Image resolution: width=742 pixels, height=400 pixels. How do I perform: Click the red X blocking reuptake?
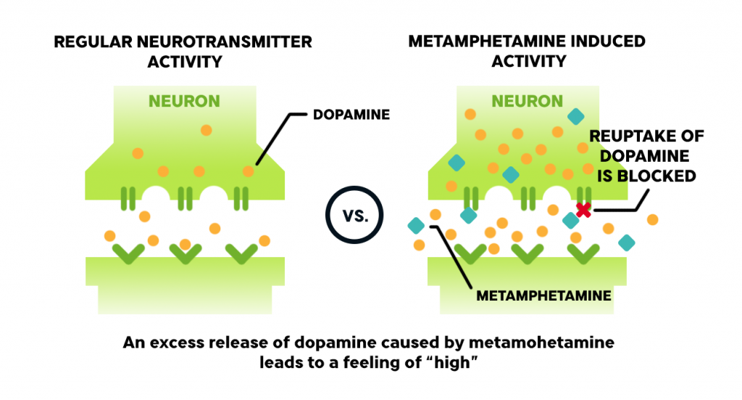point(583,210)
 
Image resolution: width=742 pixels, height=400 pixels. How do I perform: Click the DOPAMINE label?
point(351,115)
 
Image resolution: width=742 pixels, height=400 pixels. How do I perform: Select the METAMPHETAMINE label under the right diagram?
point(543,295)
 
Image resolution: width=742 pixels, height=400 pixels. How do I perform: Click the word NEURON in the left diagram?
point(184,101)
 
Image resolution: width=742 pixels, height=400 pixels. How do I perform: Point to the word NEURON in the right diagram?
point(528,101)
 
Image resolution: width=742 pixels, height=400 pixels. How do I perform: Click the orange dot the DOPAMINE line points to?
point(249,171)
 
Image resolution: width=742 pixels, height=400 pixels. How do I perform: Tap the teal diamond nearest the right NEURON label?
point(575,116)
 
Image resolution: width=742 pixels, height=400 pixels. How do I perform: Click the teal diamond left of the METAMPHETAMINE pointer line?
point(416,226)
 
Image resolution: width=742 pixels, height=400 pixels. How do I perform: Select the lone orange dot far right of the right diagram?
point(653,219)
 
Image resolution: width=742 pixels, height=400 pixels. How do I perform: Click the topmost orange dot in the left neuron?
point(206,130)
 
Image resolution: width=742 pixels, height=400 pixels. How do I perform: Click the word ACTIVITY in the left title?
point(185,62)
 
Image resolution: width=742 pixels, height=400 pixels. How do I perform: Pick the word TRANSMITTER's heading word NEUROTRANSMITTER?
point(225,41)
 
